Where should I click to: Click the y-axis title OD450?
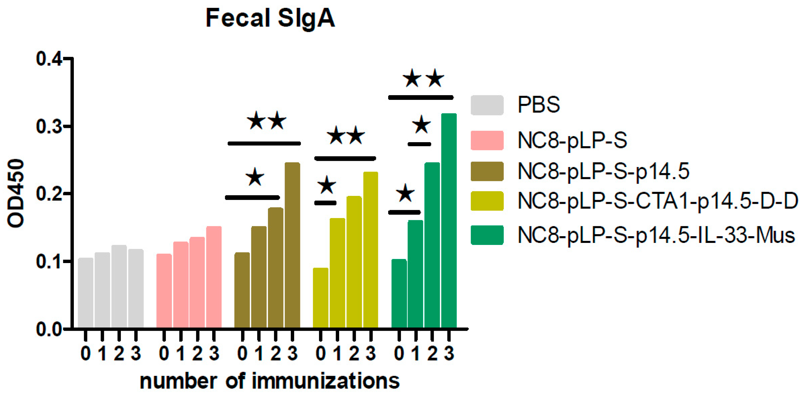[x=15, y=193]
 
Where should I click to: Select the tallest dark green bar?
[x=449, y=220]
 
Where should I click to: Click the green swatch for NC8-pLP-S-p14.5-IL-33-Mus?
[x=487, y=235]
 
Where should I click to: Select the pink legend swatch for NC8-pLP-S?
[x=487, y=140]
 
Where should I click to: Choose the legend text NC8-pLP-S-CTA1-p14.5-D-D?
[x=658, y=201]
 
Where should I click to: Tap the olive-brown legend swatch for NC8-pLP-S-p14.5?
[x=487, y=171]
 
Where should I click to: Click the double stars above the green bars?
[x=423, y=78]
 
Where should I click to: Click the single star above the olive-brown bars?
[x=255, y=177]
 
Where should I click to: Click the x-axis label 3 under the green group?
[x=449, y=354]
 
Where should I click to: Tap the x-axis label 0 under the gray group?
[x=86, y=354]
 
